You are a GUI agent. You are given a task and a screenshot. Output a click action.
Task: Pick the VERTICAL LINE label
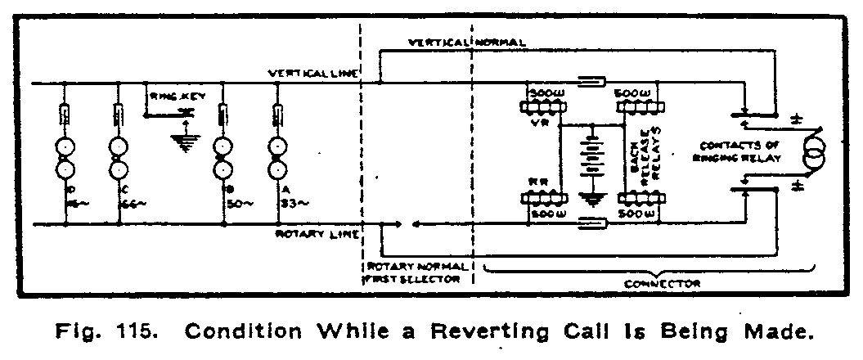coord(313,74)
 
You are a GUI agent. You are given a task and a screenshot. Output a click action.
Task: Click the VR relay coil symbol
coord(542,106)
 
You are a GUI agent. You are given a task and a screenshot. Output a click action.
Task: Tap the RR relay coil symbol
coord(542,199)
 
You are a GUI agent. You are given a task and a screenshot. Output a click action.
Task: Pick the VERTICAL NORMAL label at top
coord(467,42)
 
